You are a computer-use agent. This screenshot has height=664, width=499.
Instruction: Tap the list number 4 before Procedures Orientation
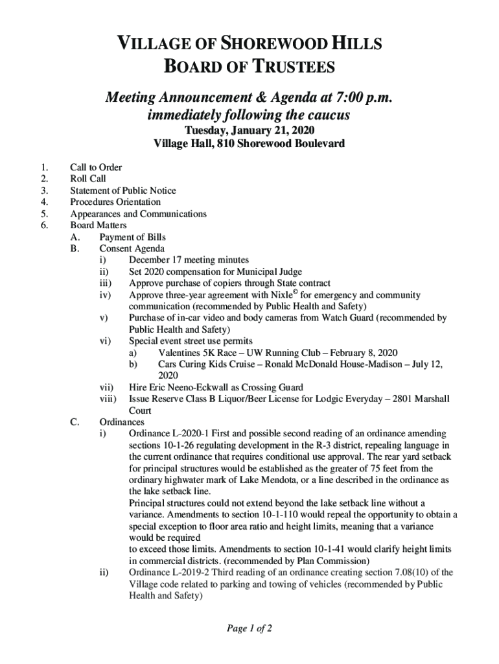[x=43, y=202]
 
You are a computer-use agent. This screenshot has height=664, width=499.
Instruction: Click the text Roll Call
[x=88, y=178]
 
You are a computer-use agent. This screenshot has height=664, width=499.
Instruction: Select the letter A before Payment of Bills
[x=75, y=237]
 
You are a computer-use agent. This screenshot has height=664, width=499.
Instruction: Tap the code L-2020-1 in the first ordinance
[x=192, y=433]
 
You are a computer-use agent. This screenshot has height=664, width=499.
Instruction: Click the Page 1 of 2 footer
[x=250, y=629]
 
